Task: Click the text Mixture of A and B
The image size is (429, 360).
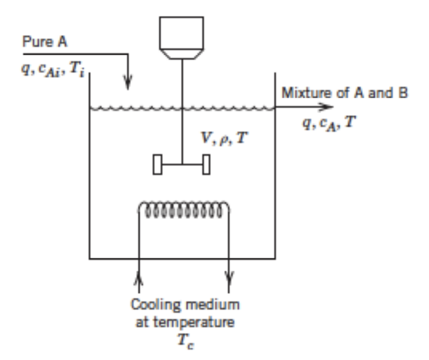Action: (345, 93)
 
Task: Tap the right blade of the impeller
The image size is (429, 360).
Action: (206, 165)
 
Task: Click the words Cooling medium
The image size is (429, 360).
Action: (185, 305)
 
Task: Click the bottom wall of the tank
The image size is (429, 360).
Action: (182, 258)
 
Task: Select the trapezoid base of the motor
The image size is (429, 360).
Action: (182, 54)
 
